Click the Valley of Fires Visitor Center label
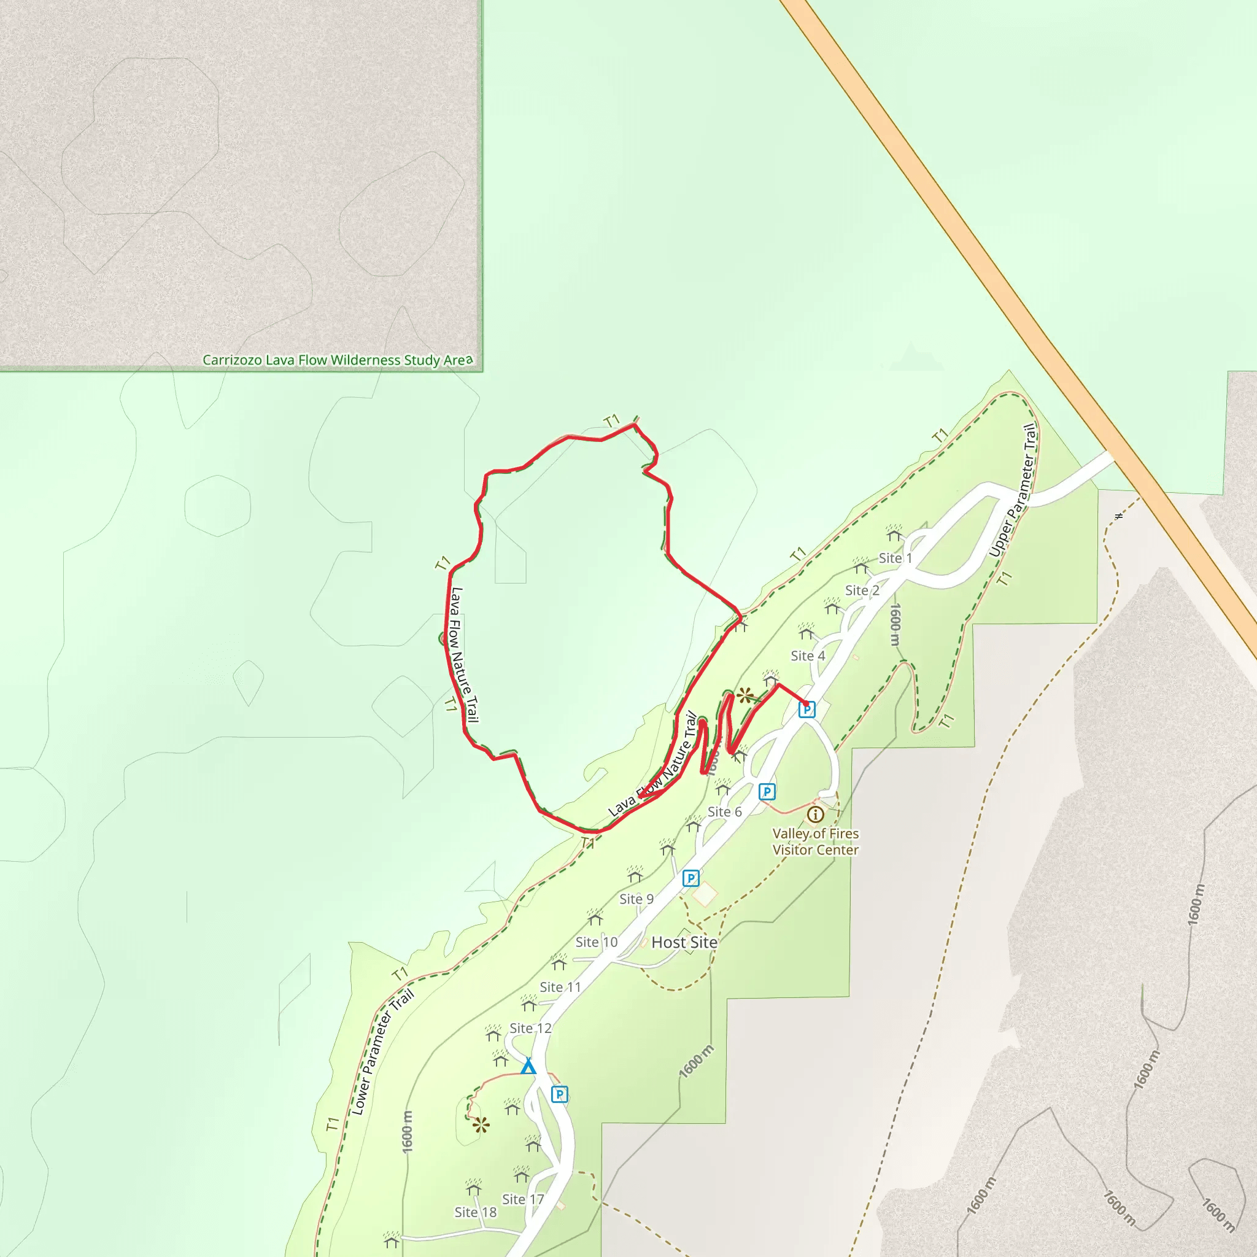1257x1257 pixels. point(815,841)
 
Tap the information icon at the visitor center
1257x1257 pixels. point(815,814)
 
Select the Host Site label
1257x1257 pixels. point(684,942)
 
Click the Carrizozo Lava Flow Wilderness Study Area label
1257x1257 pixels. point(338,360)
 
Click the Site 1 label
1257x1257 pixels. point(895,559)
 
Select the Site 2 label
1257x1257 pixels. point(862,590)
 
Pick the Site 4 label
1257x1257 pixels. point(808,656)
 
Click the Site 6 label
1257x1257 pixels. point(724,811)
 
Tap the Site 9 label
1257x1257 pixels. point(636,899)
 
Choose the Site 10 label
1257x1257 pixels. point(596,942)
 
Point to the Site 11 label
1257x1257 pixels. point(560,987)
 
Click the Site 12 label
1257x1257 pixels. point(530,1028)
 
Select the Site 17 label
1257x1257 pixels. point(522,1199)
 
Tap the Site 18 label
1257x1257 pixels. point(475,1212)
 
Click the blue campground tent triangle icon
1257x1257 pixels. point(528,1067)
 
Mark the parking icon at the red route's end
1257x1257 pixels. point(806,709)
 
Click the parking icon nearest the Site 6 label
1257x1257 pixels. point(767,792)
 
